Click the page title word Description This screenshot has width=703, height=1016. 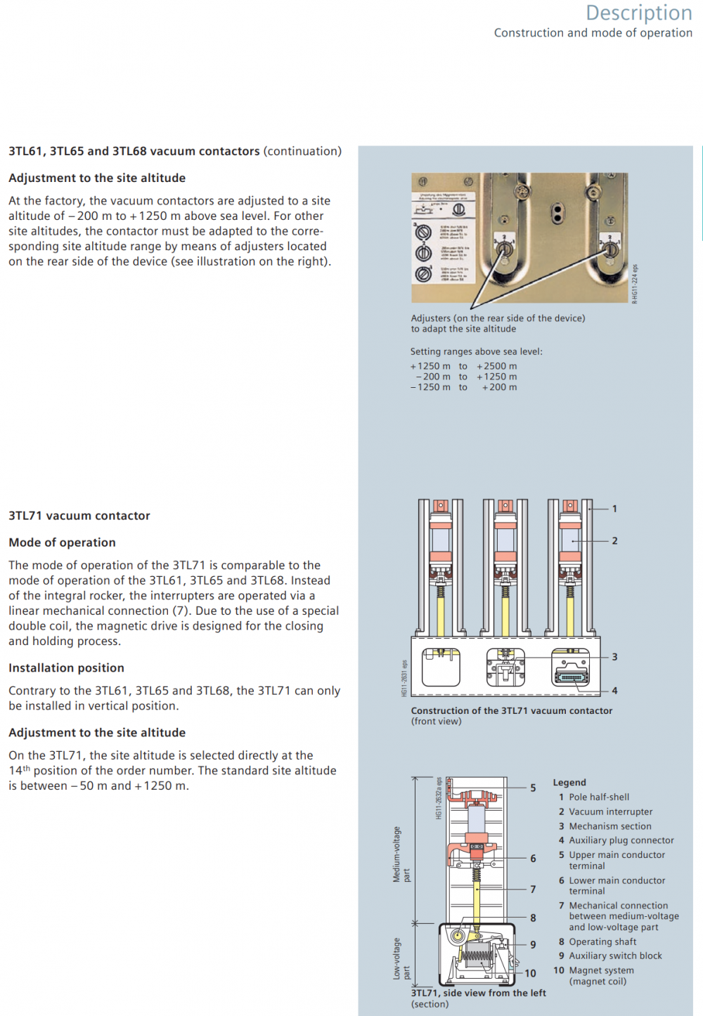638,13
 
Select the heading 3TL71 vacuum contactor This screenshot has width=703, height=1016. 79,516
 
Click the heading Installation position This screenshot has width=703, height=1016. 66,668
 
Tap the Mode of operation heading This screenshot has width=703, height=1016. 62,542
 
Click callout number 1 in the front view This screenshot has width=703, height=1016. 614,509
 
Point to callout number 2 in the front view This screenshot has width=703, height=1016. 614,541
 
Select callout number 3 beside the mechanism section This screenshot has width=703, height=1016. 614,657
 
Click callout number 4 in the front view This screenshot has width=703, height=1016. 614,691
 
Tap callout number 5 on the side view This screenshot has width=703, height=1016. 533,788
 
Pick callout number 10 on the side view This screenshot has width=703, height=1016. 530,973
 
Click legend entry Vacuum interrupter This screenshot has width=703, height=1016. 610,812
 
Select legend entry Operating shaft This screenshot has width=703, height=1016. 602,942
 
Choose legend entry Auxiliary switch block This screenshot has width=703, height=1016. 615,956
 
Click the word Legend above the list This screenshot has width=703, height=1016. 569,782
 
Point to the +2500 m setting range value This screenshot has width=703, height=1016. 497,366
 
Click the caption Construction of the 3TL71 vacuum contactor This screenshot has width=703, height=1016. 511,711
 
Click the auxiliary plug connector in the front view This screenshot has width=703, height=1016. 570,676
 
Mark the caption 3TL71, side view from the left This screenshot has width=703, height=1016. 478,993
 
